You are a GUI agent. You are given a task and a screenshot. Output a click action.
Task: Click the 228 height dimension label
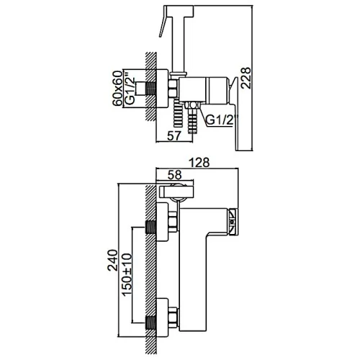(246, 78)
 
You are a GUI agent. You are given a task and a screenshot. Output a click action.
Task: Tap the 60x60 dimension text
(117, 89)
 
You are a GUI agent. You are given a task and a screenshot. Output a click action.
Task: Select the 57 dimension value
(174, 136)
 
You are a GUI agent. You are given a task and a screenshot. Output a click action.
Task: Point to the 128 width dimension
(199, 163)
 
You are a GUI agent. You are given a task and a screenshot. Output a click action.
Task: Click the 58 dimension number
(174, 175)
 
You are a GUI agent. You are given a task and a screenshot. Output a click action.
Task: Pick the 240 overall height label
(112, 261)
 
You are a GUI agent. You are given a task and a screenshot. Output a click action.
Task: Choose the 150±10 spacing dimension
(127, 274)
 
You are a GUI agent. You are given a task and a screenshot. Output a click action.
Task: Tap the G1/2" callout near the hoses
(220, 120)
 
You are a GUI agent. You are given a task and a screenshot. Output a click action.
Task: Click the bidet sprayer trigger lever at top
(164, 21)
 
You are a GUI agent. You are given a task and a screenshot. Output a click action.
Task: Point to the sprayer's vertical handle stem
(178, 44)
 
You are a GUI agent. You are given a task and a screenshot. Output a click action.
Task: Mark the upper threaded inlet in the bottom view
(151, 228)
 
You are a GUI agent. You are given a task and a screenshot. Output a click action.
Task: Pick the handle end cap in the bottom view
(233, 221)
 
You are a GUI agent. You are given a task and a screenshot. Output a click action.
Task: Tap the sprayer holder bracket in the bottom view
(176, 192)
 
